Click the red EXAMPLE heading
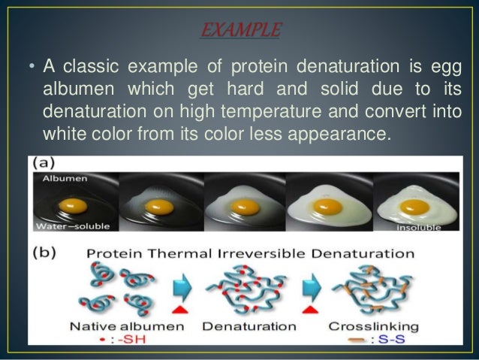pos(239,31)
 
